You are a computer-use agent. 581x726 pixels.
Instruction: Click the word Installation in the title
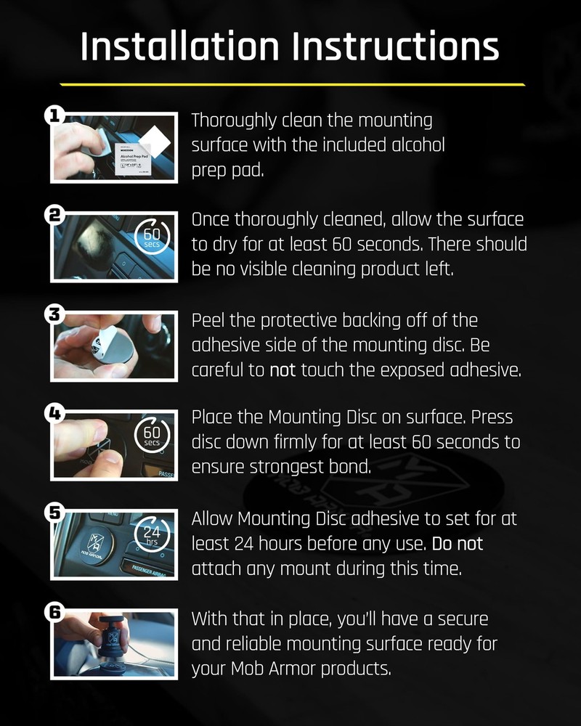179,46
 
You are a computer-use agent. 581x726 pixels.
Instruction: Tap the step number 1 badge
55,115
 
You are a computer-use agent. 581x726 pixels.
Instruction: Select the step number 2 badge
55,216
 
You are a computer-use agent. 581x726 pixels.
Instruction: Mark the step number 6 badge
55,612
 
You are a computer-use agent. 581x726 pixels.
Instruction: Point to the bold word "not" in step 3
283,370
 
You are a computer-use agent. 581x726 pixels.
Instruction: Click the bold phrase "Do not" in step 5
458,542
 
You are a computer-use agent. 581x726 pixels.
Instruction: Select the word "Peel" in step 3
208,320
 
